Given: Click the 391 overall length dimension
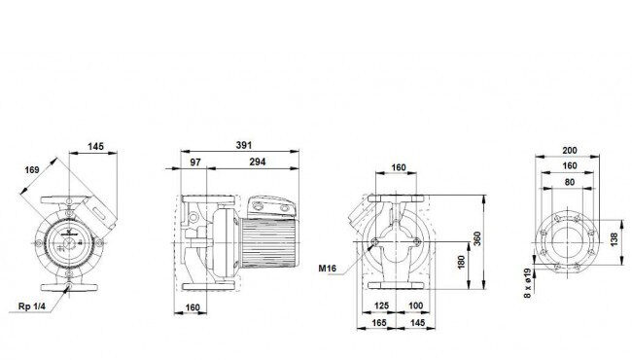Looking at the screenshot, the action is pyautogui.click(x=244, y=145).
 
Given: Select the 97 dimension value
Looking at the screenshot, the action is pyautogui.click(x=195, y=162).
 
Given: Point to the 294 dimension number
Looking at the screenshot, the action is pyautogui.click(x=257, y=162).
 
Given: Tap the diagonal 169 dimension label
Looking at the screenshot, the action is pyautogui.click(x=32, y=169).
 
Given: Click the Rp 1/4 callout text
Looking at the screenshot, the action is pyautogui.click(x=32, y=306).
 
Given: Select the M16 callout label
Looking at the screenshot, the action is pyautogui.click(x=327, y=269).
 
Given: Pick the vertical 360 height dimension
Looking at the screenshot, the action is pyautogui.click(x=476, y=239).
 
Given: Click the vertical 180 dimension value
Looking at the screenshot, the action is pyautogui.click(x=462, y=262).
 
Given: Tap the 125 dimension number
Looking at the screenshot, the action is pyautogui.click(x=381, y=306).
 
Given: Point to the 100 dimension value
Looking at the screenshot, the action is pyautogui.click(x=415, y=306).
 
